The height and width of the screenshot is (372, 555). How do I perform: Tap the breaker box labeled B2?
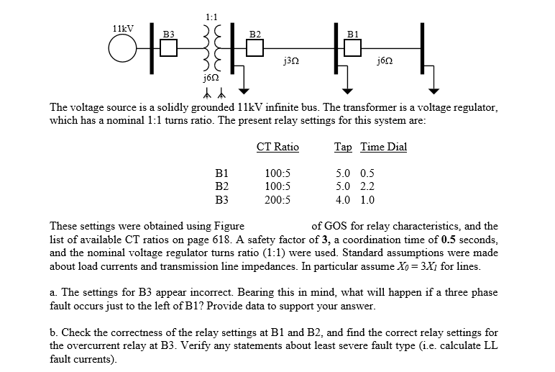click(254, 48)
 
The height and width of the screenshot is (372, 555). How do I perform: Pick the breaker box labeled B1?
click(352, 48)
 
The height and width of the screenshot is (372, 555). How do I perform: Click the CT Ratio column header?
click(277, 148)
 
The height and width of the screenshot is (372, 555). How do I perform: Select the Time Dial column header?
click(384, 148)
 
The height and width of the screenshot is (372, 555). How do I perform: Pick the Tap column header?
click(343, 148)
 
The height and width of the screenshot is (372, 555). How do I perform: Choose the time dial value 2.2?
click(367, 186)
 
